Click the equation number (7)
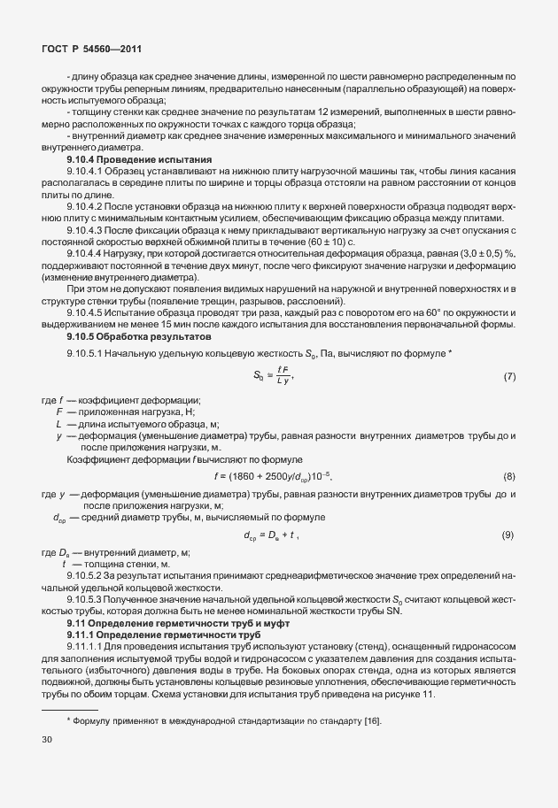coord(508,353)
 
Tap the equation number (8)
coord(508,477)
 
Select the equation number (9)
coord(508,535)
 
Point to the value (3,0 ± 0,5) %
coord(486,227)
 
